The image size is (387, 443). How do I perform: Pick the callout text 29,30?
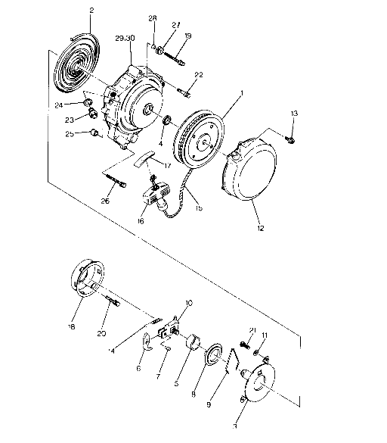tap(125, 38)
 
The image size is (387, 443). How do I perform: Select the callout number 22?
tap(200, 74)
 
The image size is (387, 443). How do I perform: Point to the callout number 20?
tap(102, 332)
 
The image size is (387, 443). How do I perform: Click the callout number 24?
tap(79, 104)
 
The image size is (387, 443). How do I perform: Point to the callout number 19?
tap(187, 36)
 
